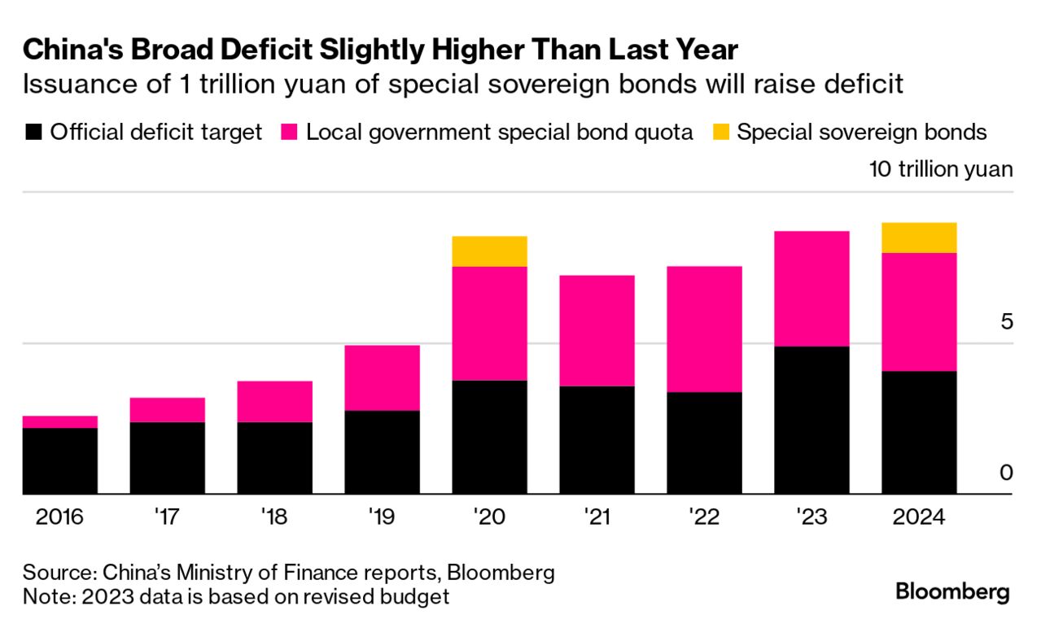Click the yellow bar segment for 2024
tap(919, 238)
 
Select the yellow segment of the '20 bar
tap(489, 251)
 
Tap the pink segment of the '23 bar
tap(811, 289)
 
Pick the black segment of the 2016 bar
tap(59, 460)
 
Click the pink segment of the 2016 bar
tap(59, 421)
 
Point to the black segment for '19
tap(382, 452)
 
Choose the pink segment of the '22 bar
tap(704, 329)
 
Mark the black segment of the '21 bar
tap(597, 440)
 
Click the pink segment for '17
tap(167, 410)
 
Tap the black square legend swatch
tap(33, 133)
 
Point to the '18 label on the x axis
tap(274, 517)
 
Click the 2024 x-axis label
tap(919, 517)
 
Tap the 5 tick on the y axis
tap(1006, 321)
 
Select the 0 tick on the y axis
tap(1006, 473)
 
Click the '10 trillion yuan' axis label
tap(941, 170)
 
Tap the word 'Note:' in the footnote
tap(48, 596)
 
